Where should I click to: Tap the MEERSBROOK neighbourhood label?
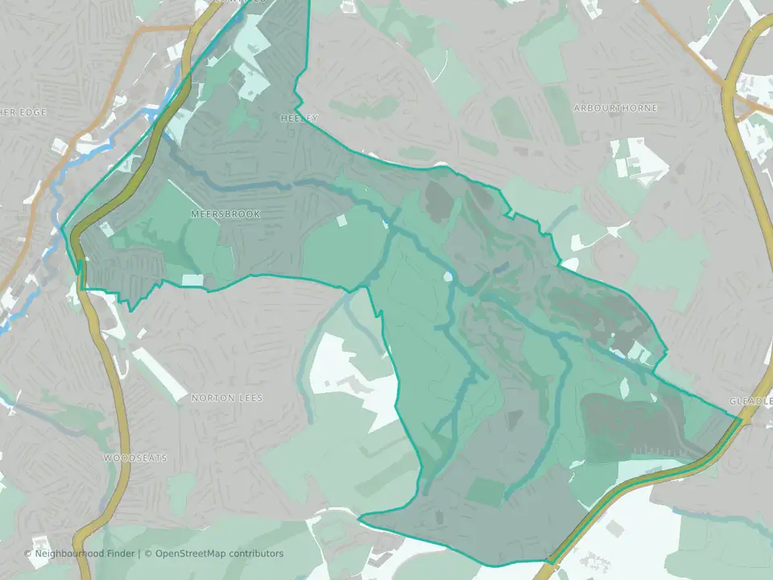tap(225, 213)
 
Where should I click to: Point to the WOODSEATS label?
tap(135, 458)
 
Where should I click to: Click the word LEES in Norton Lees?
tap(250, 398)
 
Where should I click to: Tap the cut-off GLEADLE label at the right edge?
tap(750, 400)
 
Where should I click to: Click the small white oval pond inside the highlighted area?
tap(448, 276)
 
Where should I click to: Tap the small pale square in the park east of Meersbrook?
tap(341, 220)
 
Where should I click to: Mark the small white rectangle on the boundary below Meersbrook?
tap(192, 280)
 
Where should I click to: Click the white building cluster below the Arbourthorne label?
tap(640, 161)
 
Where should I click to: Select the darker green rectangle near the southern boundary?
tap(486, 491)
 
